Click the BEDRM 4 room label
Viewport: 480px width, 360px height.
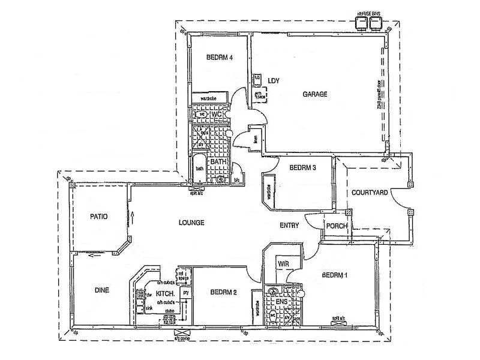pos(219,58)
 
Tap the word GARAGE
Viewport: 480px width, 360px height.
pos(315,94)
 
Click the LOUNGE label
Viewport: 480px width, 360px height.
pos(191,223)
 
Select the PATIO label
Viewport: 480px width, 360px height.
pos(99,217)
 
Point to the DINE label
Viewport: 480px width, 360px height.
pos(102,290)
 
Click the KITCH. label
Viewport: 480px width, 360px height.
pos(165,294)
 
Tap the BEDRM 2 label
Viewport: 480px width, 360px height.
pos(223,293)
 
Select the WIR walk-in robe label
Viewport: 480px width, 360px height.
pos(283,263)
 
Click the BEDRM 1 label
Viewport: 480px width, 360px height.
pos(335,275)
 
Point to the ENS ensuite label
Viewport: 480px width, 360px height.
pos(290,302)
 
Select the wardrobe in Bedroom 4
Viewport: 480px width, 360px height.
pos(209,97)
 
